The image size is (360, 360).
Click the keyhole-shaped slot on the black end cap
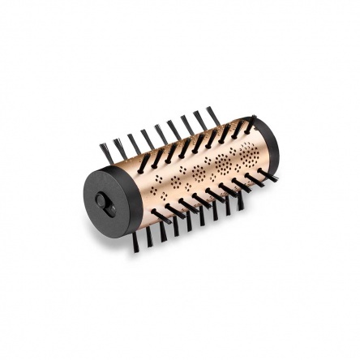(104, 200)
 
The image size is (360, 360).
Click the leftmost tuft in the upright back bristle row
(105, 152)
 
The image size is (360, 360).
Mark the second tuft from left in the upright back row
(120, 146)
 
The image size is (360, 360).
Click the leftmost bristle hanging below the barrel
(135, 241)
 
